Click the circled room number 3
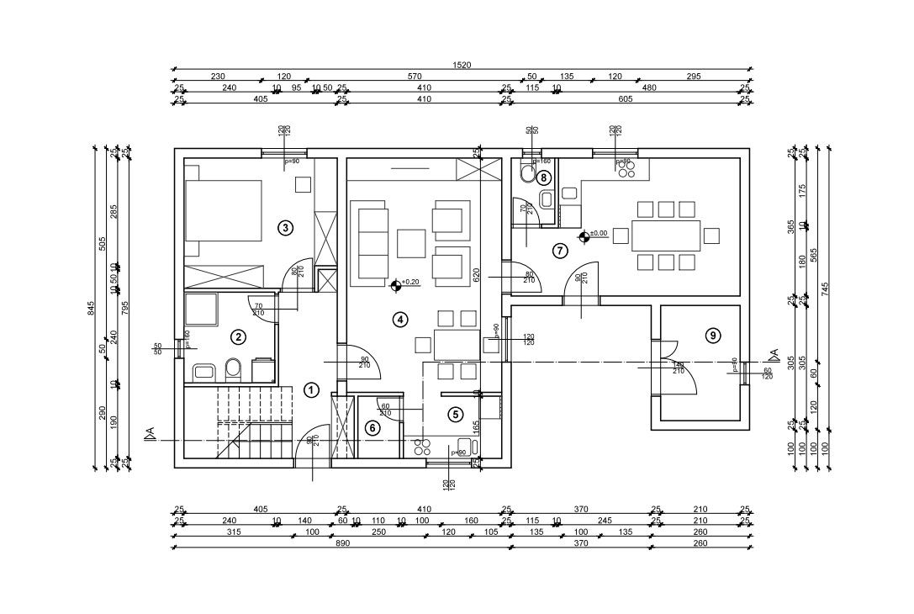tap(286, 227)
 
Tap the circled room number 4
tap(400, 319)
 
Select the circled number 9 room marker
tap(713, 336)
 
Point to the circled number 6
tap(373, 427)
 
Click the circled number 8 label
tap(545, 177)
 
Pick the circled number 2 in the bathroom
tap(239, 337)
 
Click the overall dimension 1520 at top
tap(461, 66)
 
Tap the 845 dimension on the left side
tap(92, 308)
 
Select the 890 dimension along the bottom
tap(342, 544)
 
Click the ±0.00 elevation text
tap(599, 233)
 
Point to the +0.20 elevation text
tap(410, 283)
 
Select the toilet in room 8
tap(526, 174)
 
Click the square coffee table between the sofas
tap(412, 243)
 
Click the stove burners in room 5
tap(421, 446)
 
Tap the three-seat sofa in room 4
tap(372, 245)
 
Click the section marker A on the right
tap(774, 354)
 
